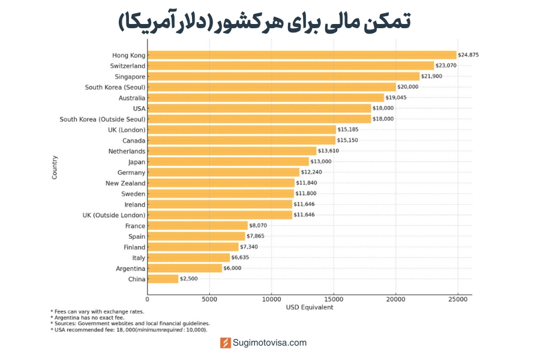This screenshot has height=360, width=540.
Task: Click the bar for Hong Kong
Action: [302, 55]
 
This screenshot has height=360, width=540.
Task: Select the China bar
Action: [163, 279]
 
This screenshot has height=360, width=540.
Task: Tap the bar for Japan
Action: [228, 162]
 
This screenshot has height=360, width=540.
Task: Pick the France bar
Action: [197, 226]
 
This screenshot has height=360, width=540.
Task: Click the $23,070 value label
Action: [446, 65]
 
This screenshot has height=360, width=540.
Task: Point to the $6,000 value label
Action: [232, 268]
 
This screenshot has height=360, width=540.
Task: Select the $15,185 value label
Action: [348, 130]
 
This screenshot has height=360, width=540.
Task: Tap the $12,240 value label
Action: [311, 172]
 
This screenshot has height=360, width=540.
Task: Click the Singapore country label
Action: [130, 77]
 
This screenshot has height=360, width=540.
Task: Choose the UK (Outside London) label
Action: [114, 215]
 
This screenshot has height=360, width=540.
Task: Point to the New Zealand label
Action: [125, 183]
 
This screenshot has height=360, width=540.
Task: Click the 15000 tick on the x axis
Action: [334, 299]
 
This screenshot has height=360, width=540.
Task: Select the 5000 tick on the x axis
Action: [209, 299]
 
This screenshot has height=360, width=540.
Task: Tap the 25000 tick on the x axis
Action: [458, 299]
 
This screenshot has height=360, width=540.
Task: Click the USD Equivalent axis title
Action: [309, 307]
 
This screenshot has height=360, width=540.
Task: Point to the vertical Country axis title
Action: [55, 167]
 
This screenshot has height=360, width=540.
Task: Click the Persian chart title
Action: [265, 22]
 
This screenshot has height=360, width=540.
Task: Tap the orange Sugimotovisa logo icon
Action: [226, 343]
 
